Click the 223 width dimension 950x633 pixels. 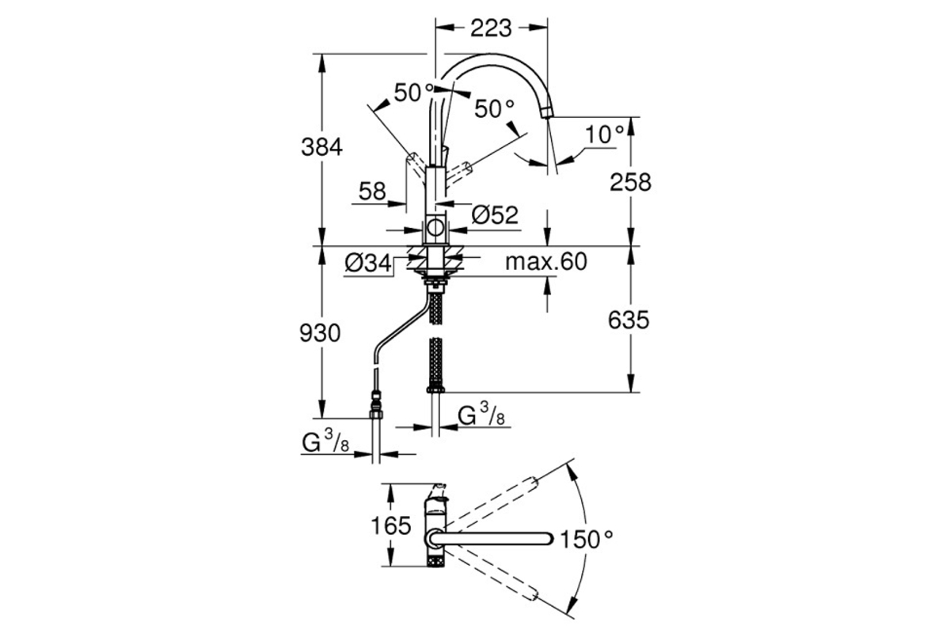[x=491, y=28]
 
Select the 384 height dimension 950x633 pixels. [x=321, y=148]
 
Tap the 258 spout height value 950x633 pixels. [x=630, y=183]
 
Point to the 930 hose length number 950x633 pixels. [x=320, y=333]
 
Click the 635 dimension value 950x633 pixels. [x=629, y=320]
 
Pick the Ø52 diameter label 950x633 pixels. [x=495, y=215]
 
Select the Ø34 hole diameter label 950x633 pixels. [x=368, y=263]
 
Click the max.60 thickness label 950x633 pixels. [x=545, y=262]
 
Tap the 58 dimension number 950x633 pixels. [x=372, y=191]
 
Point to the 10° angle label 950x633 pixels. [x=605, y=135]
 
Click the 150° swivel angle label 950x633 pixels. [x=587, y=540]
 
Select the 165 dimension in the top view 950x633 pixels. [x=391, y=526]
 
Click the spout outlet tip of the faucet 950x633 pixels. [x=548, y=113]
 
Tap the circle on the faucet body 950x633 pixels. [x=435, y=228]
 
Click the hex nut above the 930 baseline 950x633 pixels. [x=376, y=414]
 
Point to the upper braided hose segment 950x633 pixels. [x=436, y=309]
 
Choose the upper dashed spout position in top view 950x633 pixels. [x=489, y=505]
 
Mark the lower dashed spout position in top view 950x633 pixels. [x=489, y=574]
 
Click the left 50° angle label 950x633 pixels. [x=414, y=93]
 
